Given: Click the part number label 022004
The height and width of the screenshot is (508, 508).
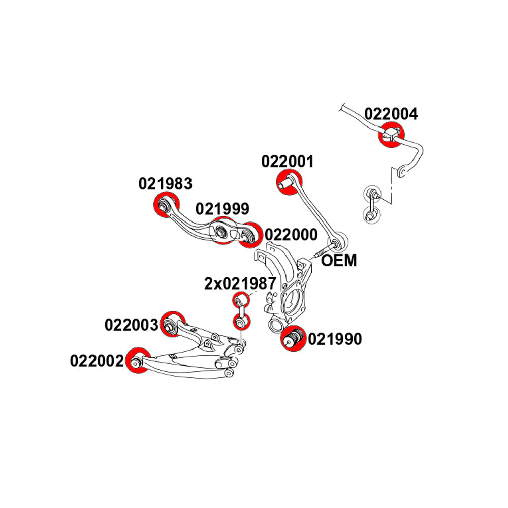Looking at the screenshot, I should pos(391,114).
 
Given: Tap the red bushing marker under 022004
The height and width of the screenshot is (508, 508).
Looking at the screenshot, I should pos(391,135).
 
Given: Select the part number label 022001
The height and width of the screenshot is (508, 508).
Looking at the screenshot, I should pos(288,162).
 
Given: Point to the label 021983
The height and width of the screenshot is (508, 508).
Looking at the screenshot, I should pos(166,183).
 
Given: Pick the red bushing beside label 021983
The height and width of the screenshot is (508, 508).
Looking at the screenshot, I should pos(166,206).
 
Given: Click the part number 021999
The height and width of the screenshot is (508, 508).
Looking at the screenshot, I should pos(223,208).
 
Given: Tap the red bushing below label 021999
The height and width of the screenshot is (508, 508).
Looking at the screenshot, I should pos(222,231).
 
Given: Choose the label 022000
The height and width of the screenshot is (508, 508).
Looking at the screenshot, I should pos(291,235).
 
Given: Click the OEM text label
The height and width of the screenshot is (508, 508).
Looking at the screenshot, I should pos(339,261).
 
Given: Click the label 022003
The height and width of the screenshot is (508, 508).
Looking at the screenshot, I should pos(132,325).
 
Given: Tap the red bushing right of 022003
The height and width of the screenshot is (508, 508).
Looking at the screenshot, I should pos(171,324).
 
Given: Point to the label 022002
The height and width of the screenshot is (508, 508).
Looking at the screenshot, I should pos(97,361).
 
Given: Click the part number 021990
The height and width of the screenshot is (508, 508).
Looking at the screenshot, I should pos(335,339).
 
